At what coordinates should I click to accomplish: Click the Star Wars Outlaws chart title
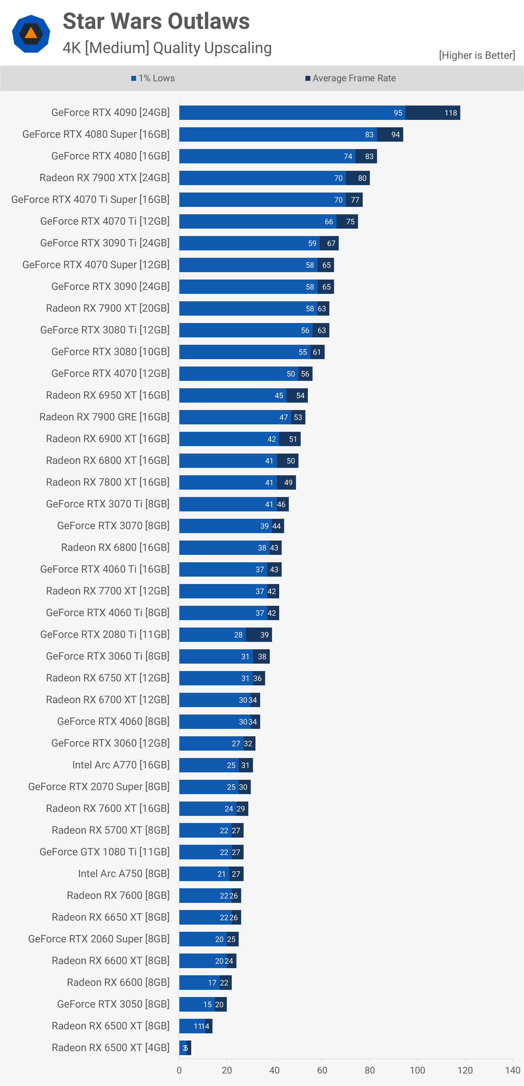coord(156,21)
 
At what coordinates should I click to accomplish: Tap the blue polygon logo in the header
coord(31,34)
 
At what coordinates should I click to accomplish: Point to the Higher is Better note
coord(477,55)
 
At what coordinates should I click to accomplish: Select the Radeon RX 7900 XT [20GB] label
coord(107,308)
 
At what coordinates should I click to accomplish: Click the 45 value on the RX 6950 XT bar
coord(279,395)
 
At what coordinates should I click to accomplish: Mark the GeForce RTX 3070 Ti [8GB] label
coord(107,504)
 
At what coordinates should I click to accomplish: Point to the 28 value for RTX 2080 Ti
coord(238,634)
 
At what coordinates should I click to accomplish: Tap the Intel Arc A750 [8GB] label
coord(124,873)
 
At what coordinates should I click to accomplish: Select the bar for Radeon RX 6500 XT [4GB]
coord(185,1048)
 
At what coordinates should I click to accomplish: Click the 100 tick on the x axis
coord(417,1070)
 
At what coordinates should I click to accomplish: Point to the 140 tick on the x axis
coord(512,1070)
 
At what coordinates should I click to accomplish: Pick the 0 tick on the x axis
coord(179,1070)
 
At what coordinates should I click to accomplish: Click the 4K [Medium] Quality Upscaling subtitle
coord(167,48)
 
